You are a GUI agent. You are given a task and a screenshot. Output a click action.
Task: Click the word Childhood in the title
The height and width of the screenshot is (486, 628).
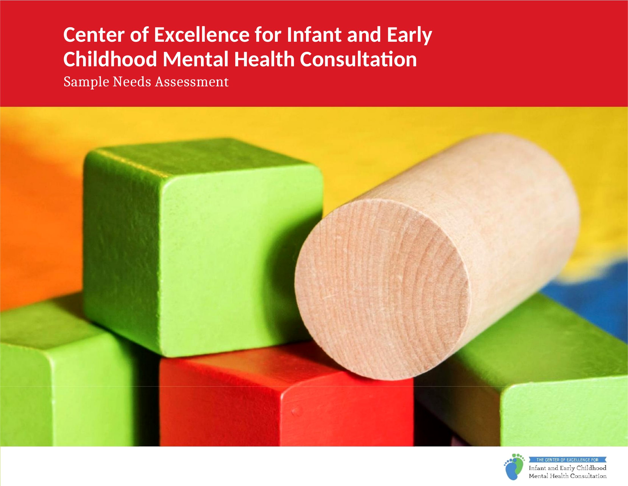tap(110, 59)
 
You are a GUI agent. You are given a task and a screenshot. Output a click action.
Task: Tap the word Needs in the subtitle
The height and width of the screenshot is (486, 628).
tap(132, 82)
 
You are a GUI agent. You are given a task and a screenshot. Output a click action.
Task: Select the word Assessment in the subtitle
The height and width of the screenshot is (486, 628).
tap(192, 82)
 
